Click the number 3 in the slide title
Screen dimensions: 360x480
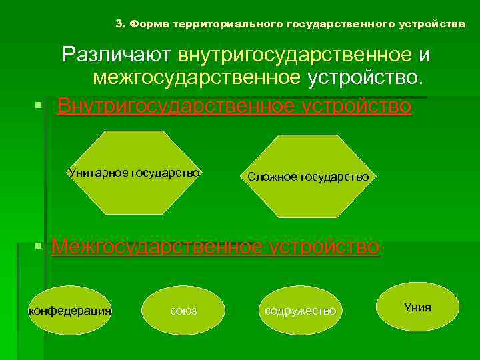(119, 24)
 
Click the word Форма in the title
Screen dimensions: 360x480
(149, 24)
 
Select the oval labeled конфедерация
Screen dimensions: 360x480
(70, 311)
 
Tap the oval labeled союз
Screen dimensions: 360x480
(183, 311)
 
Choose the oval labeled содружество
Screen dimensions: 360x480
(300, 311)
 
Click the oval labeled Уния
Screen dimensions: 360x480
(417, 307)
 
